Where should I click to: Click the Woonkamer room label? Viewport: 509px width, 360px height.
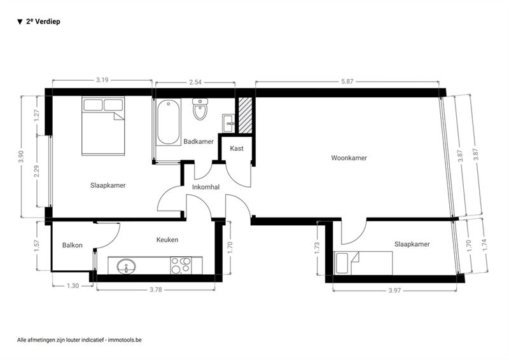click(x=349, y=158)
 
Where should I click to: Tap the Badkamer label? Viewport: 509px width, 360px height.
click(x=199, y=142)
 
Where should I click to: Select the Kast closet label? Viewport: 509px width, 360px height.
click(x=237, y=148)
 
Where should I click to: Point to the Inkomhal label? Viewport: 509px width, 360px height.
click(x=206, y=187)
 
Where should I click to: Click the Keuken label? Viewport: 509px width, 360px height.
click(x=167, y=240)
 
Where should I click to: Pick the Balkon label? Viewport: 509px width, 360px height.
click(x=73, y=245)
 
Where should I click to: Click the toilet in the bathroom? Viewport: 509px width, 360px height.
click(x=200, y=109)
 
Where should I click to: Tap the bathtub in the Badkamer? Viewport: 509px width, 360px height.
click(x=169, y=121)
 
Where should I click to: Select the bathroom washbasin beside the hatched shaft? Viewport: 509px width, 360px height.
click(x=228, y=123)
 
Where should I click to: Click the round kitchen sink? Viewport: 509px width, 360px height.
click(x=127, y=267)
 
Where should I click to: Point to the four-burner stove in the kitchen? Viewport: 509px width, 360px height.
click(x=181, y=265)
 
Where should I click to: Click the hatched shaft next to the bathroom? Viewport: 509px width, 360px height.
click(x=246, y=115)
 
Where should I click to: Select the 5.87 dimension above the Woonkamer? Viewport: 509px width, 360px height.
click(x=347, y=81)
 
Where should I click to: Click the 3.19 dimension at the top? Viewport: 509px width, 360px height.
click(x=102, y=80)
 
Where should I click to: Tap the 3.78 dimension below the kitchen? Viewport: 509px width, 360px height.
click(x=156, y=289)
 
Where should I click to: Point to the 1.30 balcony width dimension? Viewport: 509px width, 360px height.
click(x=73, y=286)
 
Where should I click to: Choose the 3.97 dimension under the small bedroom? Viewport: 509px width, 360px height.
click(x=394, y=291)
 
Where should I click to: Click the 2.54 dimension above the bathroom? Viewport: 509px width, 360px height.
click(x=195, y=82)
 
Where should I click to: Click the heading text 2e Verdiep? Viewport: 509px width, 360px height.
click(x=43, y=22)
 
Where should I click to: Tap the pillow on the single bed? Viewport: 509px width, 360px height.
click(x=342, y=263)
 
